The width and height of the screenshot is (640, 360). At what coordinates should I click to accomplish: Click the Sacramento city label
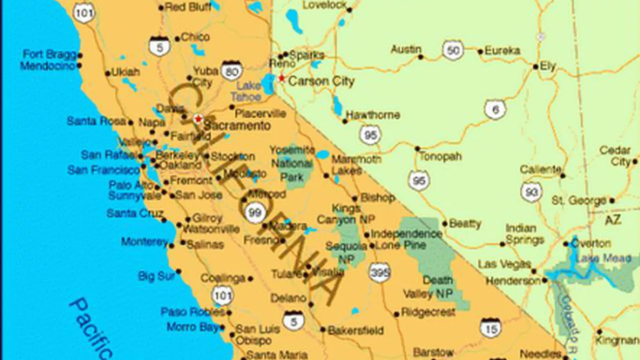pos(237,125)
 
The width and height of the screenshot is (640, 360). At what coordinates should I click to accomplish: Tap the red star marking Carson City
pos(281,78)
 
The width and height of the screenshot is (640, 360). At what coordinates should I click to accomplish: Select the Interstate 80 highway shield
pos(232,71)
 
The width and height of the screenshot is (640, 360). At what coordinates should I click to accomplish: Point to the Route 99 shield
pos(254,212)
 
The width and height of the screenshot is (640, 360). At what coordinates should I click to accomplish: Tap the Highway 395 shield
pos(379,273)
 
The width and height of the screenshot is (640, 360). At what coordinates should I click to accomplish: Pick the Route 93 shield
pos(531,192)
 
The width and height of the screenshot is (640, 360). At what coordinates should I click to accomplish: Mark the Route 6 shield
pos(495,110)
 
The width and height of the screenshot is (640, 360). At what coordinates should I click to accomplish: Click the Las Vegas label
pos(504,265)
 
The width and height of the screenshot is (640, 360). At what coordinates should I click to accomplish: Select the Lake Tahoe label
pos(247,91)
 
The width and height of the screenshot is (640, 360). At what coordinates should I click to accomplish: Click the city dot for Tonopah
pos(417,149)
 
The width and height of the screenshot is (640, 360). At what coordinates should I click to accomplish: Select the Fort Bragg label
pos(49,54)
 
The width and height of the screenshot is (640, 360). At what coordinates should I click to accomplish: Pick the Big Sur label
pos(156,276)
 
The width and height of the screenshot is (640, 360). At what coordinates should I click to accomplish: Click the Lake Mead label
pos(610,258)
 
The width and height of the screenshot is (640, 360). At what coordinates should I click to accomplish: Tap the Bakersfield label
pos(356,331)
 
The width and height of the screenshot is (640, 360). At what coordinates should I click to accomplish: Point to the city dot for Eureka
pos(480,51)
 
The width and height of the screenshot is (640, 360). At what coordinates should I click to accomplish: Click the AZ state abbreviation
pos(613,220)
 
